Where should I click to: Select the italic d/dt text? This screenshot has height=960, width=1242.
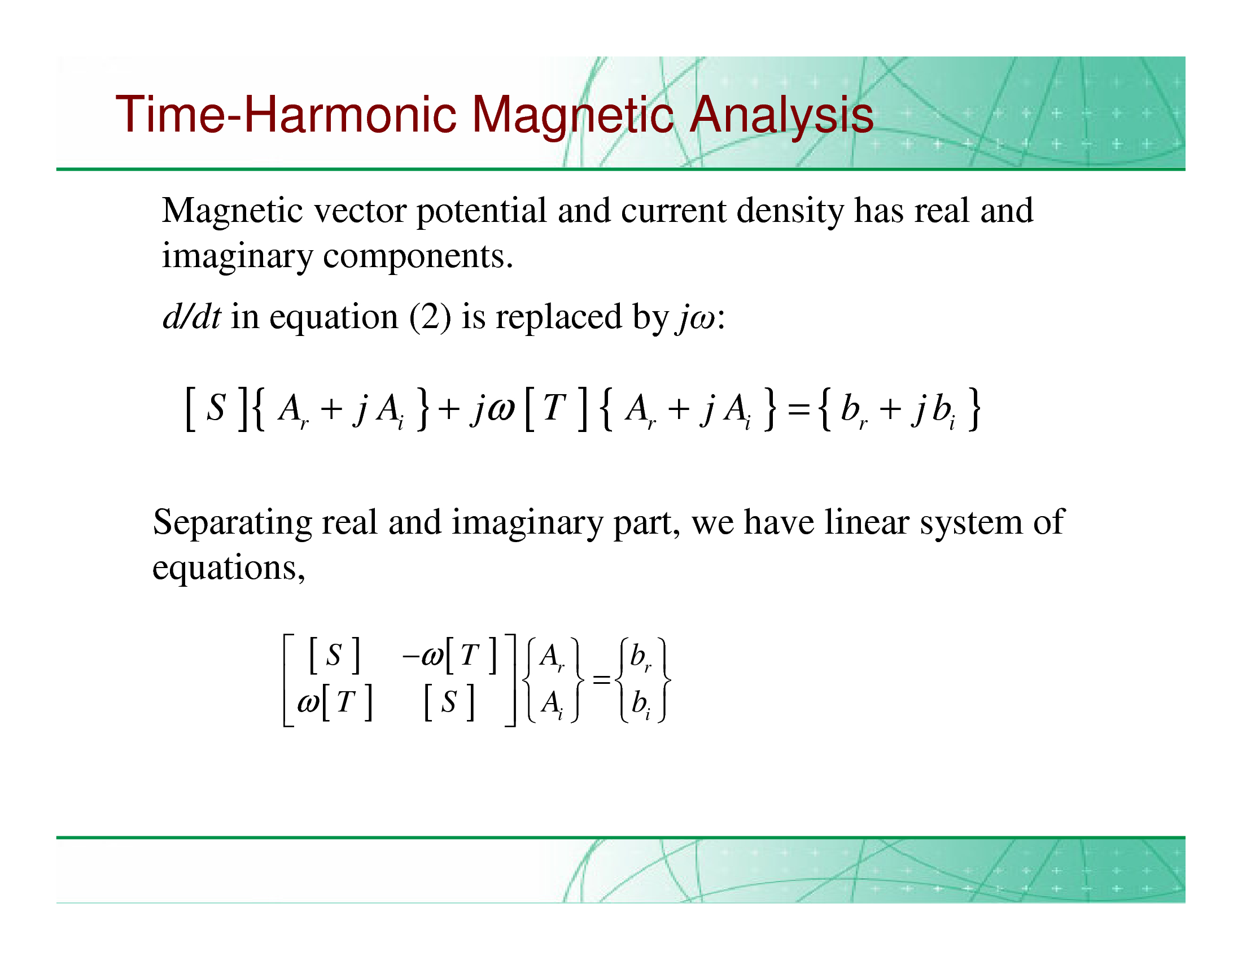pos(191,316)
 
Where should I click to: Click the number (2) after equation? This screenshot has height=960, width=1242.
pos(430,317)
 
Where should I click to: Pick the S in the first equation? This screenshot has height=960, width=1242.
pos(216,407)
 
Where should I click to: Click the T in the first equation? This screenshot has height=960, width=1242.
pos(554,407)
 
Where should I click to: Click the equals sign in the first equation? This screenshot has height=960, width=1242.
pos(798,409)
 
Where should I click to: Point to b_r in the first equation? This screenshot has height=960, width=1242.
pos(854,410)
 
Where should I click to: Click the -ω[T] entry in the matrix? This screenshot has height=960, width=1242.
pos(449,655)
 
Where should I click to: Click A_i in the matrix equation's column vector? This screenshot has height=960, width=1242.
pos(552,704)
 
